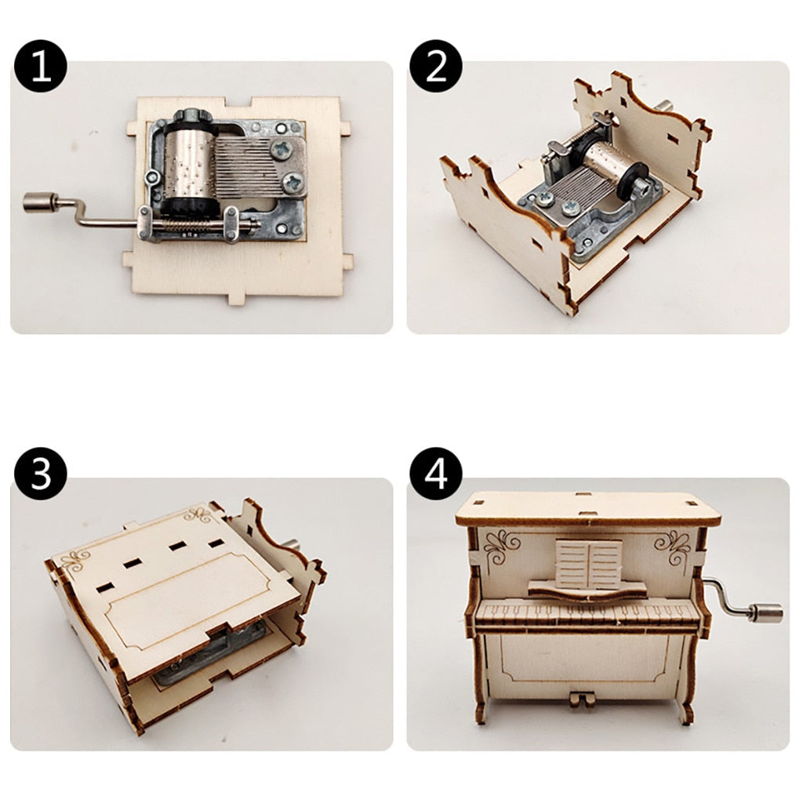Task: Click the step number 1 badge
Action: pyautogui.click(x=40, y=66)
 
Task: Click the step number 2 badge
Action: pyautogui.click(x=436, y=66)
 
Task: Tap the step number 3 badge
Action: pyautogui.click(x=40, y=474)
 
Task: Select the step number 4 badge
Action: pyautogui.click(x=436, y=474)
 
